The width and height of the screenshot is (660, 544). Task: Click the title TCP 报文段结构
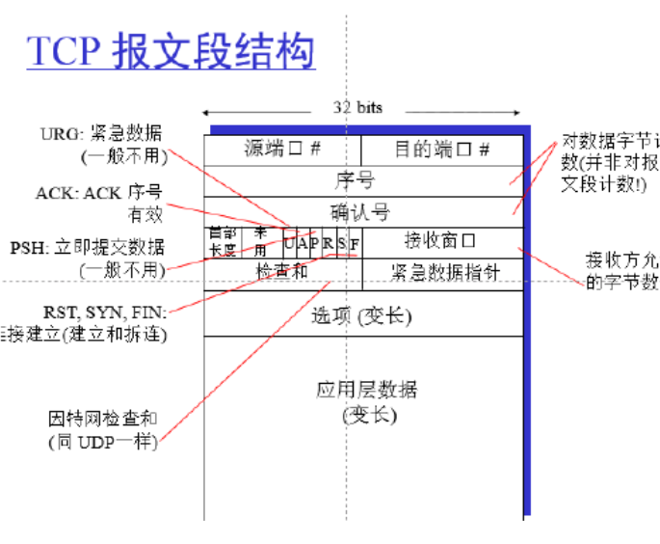coord(171,50)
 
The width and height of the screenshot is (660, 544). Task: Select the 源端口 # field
coord(282,150)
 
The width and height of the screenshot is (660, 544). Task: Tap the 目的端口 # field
coord(442,150)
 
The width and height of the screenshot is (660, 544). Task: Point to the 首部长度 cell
coord(222,241)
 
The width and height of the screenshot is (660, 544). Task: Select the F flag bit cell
coord(355,243)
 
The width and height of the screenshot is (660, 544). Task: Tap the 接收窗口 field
coord(440,240)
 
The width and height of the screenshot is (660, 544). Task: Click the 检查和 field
coord(281,272)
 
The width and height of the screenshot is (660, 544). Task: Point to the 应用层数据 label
coord(367,390)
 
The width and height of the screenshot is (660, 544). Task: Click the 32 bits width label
coord(357,108)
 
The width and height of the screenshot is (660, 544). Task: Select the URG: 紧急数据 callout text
coord(104,133)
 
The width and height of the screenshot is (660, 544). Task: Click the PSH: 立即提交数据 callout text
coord(88,248)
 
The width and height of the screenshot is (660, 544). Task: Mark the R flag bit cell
coord(328,243)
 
